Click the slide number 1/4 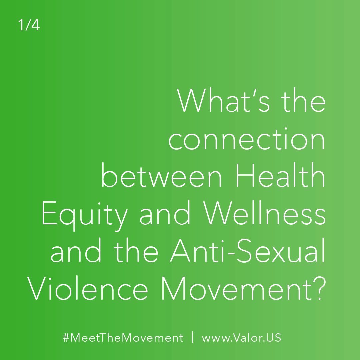coord(29,25)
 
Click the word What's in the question coord(223,100)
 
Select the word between coord(162,175)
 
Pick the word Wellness coord(265,212)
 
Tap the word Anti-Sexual coord(247,250)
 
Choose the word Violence coord(87,288)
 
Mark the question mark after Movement coord(320,288)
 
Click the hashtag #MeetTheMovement coord(123,338)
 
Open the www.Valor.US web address coord(241,338)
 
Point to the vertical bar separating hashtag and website coord(192,337)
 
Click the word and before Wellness coord(165,212)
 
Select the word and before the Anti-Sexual coord(76,250)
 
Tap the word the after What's coord(304,100)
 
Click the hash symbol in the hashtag coord(66,338)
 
